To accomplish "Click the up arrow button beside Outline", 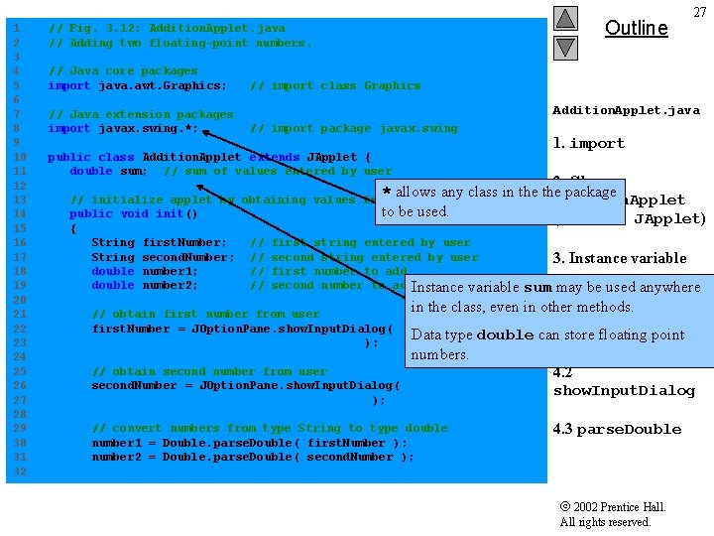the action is click(x=565, y=18).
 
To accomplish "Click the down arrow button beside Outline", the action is click(x=565, y=47).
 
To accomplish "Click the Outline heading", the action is click(x=636, y=28).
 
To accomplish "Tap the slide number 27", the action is click(x=699, y=13).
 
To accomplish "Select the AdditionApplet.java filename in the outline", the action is click(x=626, y=110).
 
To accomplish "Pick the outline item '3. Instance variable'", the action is click(x=619, y=258).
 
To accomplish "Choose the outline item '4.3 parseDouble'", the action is click(x=617, y=430).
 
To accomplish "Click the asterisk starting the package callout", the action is click(x=387, y=193).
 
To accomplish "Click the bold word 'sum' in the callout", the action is click(x=537, y=288).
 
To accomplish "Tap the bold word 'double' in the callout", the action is click(x=505, y=335).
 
